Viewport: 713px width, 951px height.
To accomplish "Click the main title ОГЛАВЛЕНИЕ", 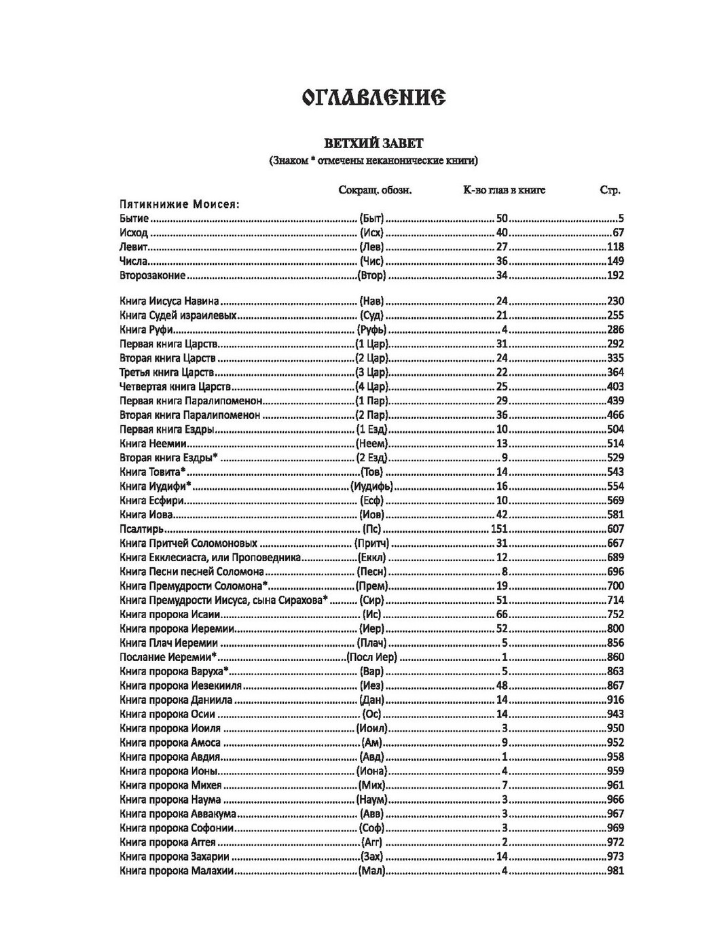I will point(373,98).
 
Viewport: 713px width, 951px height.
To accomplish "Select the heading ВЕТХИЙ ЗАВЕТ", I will point(373,143).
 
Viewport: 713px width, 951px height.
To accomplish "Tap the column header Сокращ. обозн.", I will point(375,190).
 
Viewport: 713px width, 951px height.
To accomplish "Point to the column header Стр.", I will point(610,190).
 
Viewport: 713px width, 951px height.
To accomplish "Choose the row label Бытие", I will point(134,219).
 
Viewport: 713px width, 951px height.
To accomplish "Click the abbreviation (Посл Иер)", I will point(371,658).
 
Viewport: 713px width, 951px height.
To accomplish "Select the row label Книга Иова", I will point(145,515).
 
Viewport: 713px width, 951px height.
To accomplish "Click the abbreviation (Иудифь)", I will point(371,486).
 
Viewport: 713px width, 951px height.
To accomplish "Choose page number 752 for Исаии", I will point(615,614).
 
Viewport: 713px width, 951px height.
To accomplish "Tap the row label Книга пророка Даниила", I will point(176,700).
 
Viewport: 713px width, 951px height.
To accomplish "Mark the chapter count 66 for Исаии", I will point(502,614).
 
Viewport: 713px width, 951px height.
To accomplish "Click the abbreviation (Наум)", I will point(371,800).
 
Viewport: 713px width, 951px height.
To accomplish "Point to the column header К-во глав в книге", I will point(504,190).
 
